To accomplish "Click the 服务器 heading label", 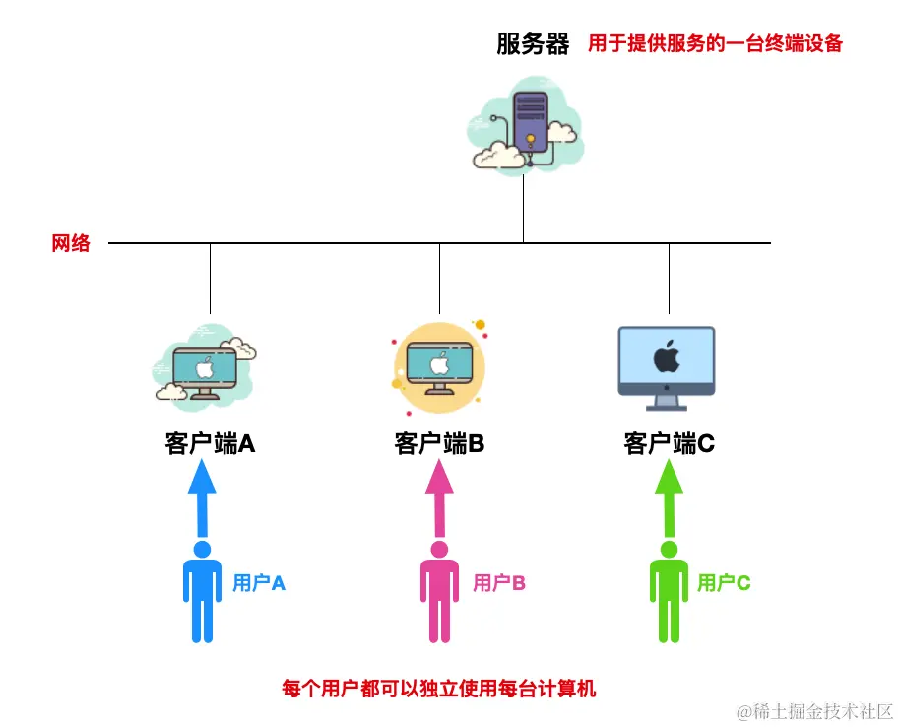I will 533,44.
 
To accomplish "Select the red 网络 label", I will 71,243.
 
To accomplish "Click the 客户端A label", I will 210,444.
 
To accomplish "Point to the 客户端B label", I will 439,444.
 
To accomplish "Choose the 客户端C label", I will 669,444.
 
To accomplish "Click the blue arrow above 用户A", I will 202,497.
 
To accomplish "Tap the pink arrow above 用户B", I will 439,497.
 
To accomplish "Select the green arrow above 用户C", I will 670,497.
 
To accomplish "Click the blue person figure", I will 202,591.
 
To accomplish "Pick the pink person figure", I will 439,591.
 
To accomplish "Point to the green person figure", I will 670,591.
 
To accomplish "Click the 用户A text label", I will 259,583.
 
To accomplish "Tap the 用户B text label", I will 499,583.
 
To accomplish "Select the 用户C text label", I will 724,583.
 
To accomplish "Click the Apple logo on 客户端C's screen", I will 667,356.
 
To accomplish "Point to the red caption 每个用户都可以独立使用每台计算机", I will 439,688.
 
